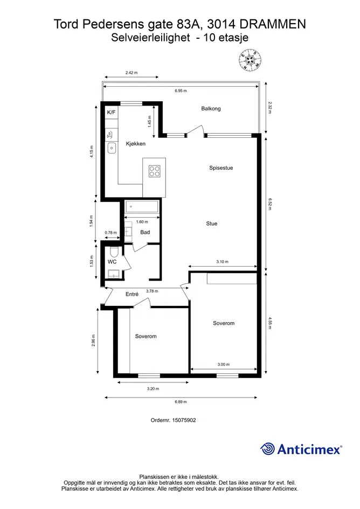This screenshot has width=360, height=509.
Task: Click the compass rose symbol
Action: (251, 60)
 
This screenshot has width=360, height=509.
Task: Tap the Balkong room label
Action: (211, 108)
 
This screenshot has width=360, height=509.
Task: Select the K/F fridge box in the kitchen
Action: (112, 113)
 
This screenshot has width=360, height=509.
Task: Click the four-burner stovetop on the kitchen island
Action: (154, 171)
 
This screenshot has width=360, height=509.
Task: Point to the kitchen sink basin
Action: (112, 148)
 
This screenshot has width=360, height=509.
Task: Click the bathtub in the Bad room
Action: (142, 206)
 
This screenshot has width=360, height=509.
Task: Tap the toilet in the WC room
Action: (113, 252)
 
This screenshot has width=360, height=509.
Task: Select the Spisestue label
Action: (221, 168)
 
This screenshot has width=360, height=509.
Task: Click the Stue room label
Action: (211, 224)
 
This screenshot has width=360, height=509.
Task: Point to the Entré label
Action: (132, 294)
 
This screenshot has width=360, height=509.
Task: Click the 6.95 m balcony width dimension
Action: (181, 91)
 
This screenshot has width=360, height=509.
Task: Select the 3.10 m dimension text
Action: (222, 262)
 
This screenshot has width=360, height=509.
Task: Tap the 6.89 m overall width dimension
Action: (181, 402)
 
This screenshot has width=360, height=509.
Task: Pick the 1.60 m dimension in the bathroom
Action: (142, 222)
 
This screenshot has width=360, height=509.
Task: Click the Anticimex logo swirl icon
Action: (267, 449)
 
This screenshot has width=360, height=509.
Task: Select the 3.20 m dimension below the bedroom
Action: (153, 388)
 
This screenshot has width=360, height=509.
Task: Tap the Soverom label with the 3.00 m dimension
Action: (224, 323)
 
